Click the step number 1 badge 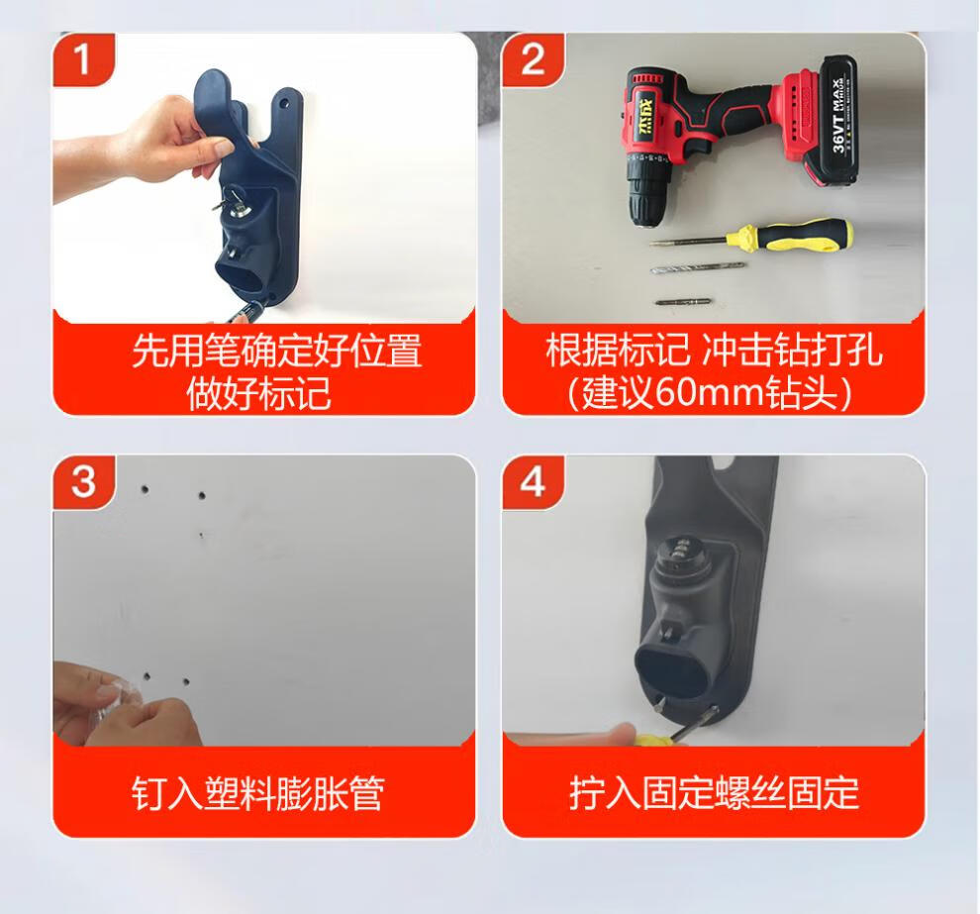82,59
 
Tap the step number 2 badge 533,59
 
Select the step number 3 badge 83,481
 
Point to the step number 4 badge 533,481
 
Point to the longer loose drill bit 698,268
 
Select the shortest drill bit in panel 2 682,302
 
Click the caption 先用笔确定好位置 277,351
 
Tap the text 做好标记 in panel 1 258,394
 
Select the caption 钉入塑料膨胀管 257,793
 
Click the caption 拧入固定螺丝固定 714,793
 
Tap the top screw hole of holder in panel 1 285,101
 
